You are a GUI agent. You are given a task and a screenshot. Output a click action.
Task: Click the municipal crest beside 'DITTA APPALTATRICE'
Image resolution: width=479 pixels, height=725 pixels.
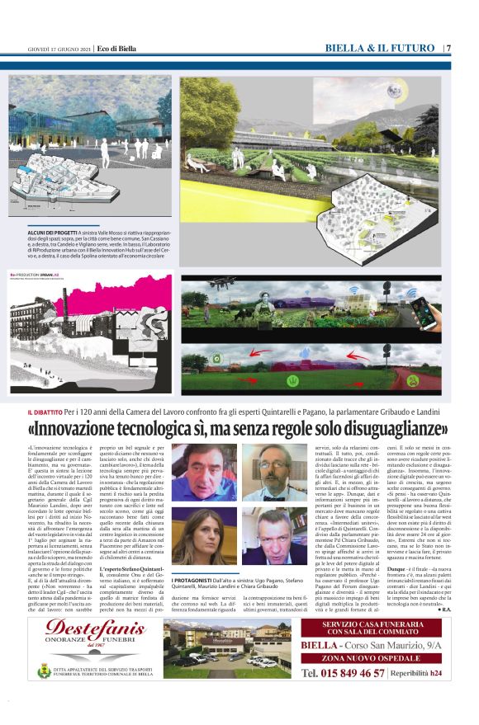[x=36, y=672]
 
